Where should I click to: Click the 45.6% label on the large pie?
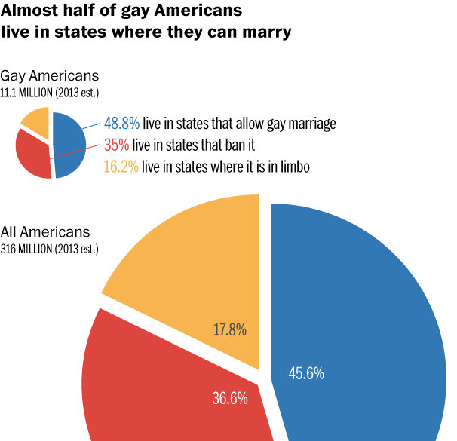click(306, 372)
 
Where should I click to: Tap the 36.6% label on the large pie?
click(230, 398)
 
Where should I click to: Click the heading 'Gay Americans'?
click(49, 77)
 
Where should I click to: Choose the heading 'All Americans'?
click(45, 232)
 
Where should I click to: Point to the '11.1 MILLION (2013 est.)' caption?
click(50, 93)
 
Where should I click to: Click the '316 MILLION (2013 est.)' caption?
click(50, 248)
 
